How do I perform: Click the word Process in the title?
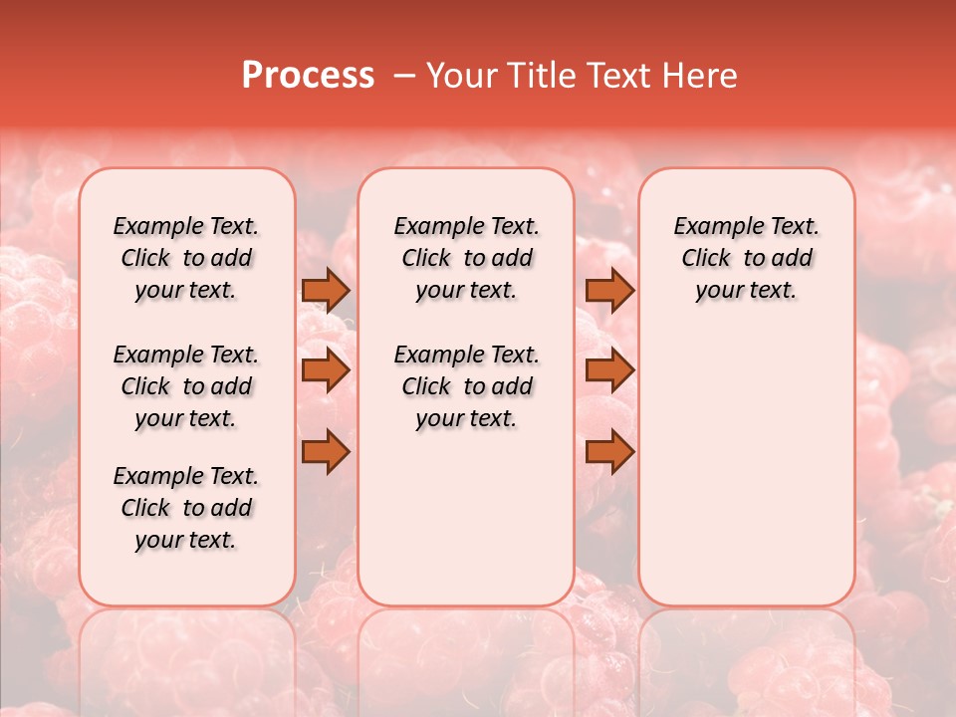308,76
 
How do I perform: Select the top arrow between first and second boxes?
326,290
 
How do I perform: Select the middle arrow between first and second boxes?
326,370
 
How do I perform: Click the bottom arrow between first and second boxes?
326,451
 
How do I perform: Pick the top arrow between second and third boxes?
609,290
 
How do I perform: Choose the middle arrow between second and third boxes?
609,370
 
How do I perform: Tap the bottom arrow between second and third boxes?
609,451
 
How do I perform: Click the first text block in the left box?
186,258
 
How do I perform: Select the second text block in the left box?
186,386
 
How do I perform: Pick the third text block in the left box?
186,508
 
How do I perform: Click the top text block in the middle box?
466,258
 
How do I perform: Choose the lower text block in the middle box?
466,386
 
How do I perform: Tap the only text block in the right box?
746,258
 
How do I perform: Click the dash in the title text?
403,76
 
